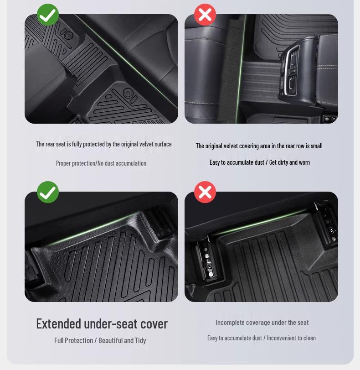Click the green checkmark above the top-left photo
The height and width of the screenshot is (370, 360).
coord(48,15)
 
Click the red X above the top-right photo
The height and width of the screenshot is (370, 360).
coord(205,15)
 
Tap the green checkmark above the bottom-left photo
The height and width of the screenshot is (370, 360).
coord(48,192)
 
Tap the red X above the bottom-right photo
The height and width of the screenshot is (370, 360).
coord(205,192)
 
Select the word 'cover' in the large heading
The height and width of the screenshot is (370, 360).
coord(154,323)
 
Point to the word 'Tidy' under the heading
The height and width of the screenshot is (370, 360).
coord(140,340)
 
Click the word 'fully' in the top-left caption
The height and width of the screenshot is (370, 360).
coord(78,144)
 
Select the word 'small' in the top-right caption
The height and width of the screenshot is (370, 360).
coord(316,146)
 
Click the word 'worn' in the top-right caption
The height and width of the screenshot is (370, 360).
coord(304,162)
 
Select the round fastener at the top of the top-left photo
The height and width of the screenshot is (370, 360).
coord(68,35)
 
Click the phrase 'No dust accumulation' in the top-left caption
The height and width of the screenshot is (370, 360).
coord(123,163)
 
